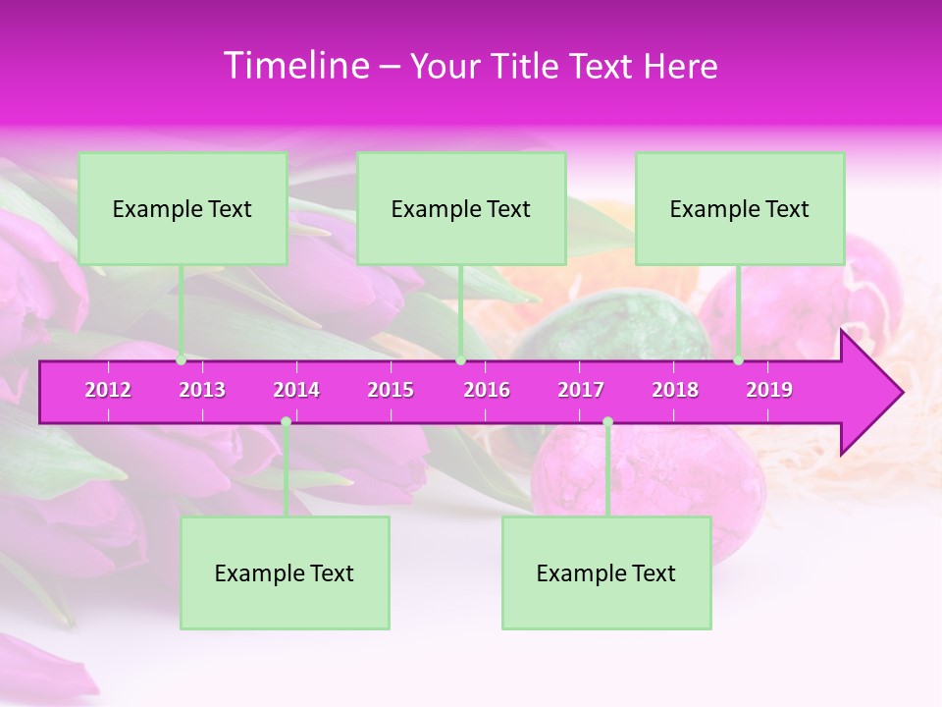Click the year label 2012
(108, 390)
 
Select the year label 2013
(202, 390)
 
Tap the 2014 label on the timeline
(296, 390)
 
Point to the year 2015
(391, 390)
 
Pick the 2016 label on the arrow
(487, 390)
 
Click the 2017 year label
(581, 390)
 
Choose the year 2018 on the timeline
(675, 390)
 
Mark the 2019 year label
(769, 390)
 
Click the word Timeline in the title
(295, 66)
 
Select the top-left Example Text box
(183, 208)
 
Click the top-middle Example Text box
(461, 208)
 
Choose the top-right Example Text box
(740, 208)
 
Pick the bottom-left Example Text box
(285, 572)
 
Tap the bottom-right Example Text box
(606, 572)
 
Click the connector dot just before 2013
(181, 360)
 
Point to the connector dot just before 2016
(460, 360)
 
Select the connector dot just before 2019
(739, 360)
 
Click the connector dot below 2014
(286, 421)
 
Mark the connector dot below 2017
(607, 421)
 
